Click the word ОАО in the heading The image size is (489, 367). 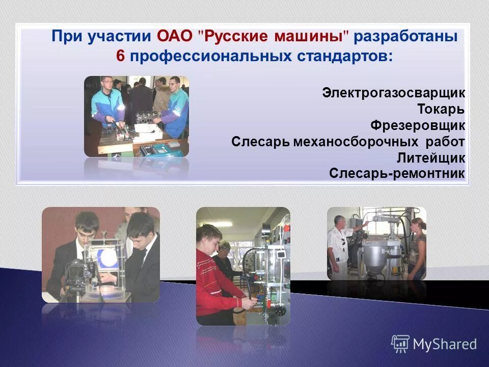(174, 37)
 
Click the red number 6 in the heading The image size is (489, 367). (120, 56)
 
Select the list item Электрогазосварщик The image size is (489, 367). (393, 93)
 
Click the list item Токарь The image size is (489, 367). (441, 109)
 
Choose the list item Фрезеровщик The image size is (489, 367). (417, 125)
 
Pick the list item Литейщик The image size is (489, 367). (431, 158)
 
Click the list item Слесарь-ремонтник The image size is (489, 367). (397, 173)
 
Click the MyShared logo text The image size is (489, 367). (445, 345)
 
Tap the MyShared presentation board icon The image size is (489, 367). (400, 344)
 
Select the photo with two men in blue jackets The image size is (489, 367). (136, 116)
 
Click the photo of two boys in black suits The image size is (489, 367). (100, 254)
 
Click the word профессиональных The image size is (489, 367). (211, 56)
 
